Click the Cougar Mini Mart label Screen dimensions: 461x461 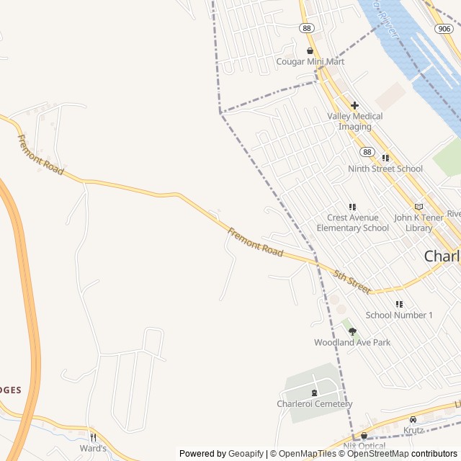tap(310, 62)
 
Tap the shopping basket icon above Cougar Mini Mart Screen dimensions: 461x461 tap(310, 50)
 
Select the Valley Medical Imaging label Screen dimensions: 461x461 tap(355, 121)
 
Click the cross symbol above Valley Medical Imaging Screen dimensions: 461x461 tap(354, 105)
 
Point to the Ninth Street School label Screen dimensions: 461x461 tap(385, 169)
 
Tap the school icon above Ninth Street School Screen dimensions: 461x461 tap(385, 158)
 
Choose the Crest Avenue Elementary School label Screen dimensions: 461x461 tap(352, 223)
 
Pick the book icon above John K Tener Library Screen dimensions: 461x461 tap(419, 207)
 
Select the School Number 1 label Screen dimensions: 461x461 tap(399, 315)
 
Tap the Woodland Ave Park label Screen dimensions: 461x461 tap(352, 343)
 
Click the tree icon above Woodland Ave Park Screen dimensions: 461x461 tap(352, 331)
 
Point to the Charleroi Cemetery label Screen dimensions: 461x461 tap(315, 404)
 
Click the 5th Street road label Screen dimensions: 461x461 tap(353, 282)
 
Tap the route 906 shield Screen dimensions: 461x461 tap(444, 27)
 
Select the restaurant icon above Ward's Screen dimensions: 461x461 tap(93, 437)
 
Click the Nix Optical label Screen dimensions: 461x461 tap(364, 446)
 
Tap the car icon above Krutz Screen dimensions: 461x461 tap(413, 419)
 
